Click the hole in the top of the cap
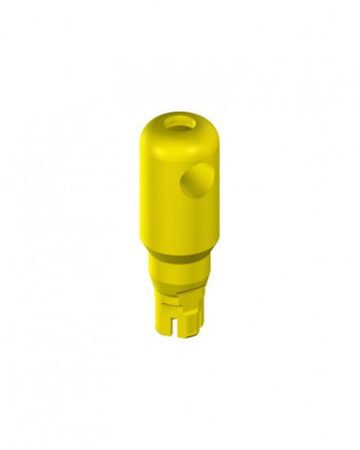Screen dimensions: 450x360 click(x=180, y=122)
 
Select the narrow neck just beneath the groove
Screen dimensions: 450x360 click(x=180, y=266)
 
